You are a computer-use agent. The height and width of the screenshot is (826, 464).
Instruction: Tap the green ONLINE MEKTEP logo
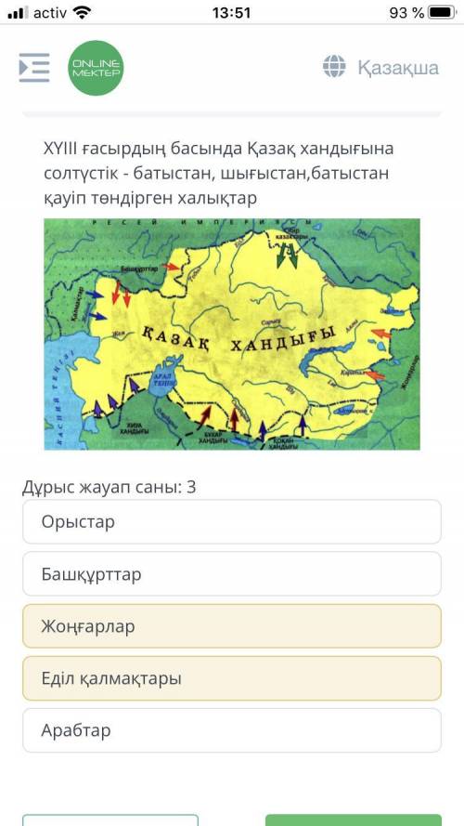point(96,67)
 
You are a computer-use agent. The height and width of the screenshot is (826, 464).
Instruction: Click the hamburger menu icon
point(34,67)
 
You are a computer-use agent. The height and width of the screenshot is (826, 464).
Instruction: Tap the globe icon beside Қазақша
point(334,66)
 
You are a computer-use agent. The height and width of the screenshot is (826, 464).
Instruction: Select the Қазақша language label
point(398,67)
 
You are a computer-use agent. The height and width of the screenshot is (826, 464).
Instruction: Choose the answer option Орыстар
point(232,522)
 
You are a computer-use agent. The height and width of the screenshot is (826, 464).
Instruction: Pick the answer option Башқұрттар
point(232,574)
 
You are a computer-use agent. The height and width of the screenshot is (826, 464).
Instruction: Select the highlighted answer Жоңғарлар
point(232,626)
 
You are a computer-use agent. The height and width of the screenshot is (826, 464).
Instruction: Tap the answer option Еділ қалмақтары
point(232,678)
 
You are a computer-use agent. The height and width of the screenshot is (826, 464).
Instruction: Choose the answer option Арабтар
point(232,730)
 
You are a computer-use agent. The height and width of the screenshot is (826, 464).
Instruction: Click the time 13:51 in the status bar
point(231,13)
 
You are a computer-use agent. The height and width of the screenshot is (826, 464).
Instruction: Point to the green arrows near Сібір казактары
point(288,256)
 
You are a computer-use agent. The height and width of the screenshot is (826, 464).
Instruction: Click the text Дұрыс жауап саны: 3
point(110,487)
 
